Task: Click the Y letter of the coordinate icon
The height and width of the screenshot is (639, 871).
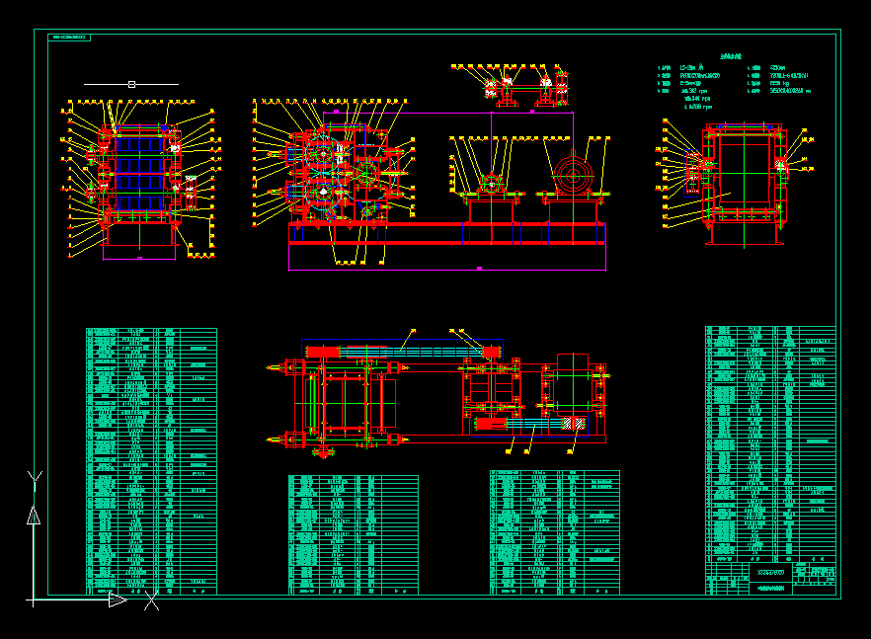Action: click(x=35, y=479)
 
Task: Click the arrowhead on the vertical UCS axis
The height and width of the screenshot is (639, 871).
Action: click(x=34, y=515)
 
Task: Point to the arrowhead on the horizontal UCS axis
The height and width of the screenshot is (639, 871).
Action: click(x=117, y=599)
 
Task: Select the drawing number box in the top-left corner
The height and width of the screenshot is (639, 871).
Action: click(x=68, y=38)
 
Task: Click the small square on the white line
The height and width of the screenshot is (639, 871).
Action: click(x=131, y=85)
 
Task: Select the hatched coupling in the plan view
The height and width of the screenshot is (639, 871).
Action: click(x=572, y=424)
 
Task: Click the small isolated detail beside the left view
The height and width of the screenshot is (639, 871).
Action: click(x=191, y=192)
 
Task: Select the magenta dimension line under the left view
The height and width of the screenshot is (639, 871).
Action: click(x=138, y=258)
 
